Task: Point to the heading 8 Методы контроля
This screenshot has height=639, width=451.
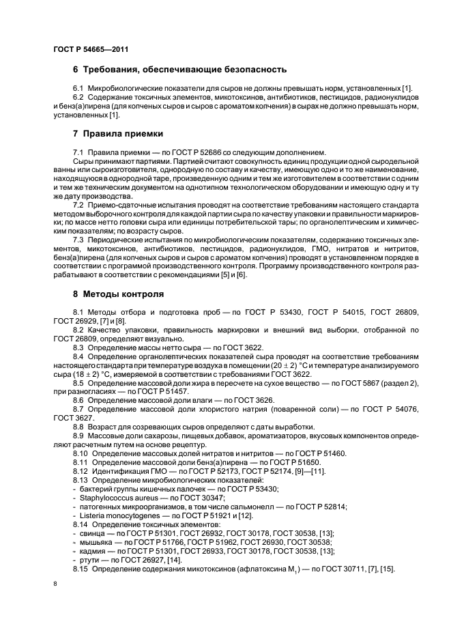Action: click(119, 294)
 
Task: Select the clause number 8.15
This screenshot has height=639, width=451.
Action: click(81, 569)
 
